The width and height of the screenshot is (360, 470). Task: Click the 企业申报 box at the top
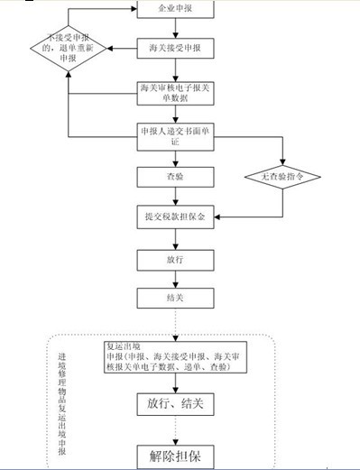point(174,9)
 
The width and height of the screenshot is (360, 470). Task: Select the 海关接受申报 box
point(174,46)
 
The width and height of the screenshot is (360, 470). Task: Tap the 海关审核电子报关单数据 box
point(174,92)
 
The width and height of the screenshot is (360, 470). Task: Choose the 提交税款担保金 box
point(174,217)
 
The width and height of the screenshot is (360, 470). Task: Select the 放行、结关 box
point(174,405)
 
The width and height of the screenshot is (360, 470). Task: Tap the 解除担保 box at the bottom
point(174,456)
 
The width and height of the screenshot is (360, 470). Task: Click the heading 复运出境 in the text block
point(124,346)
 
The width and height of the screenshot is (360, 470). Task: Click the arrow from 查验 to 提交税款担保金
point(174,198)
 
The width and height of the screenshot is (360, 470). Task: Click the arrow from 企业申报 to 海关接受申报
point(174,27)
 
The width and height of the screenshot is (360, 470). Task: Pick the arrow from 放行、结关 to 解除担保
point(174,430)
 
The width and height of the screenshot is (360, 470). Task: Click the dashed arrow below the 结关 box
point(174,323)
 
